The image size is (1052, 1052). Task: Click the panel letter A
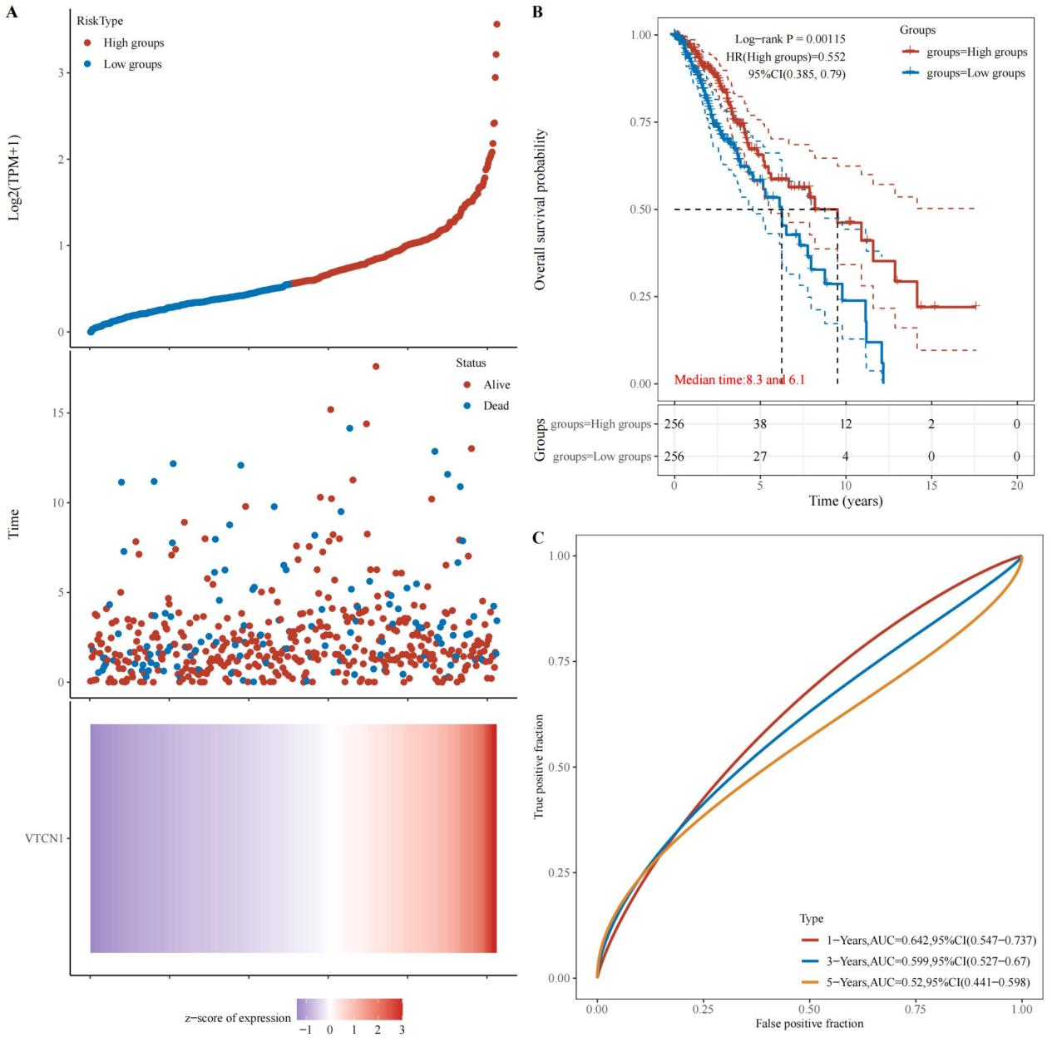pos(12,12)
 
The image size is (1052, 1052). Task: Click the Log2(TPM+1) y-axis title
pos(14,177)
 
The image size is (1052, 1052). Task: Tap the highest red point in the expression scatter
pos(496,24)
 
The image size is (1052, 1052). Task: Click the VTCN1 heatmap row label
pos(45,838)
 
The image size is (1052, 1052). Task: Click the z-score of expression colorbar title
pos(238,1018)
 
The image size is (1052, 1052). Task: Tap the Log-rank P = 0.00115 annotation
pos(790,39)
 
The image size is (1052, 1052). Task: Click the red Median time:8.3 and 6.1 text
pos(739,380)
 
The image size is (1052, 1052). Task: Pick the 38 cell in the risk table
pos(760,424)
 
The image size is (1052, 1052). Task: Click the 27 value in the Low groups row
pos(760,457)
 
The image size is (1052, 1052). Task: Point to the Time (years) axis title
pos(846,501)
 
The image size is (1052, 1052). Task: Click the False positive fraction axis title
pos(809,1024)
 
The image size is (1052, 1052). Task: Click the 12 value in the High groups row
pos(846,424)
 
